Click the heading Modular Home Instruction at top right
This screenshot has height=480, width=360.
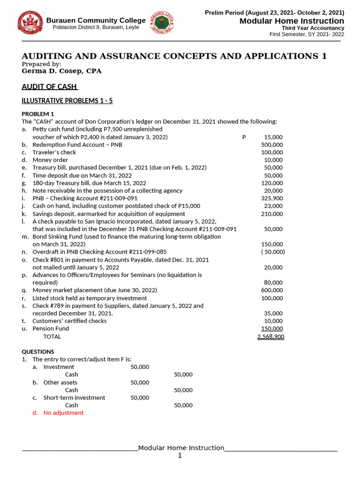pyautogui.click(x=292, y=21)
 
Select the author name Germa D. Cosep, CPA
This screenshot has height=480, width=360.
pyautogui.click(x=61, y=71)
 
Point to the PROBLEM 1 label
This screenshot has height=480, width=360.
pyautogui.click(x=38, y=114)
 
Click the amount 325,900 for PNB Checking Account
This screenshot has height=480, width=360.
pyautogui.click(x=271, y=198)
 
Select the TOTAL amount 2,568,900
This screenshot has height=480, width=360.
pyautogui.click(x=270, y=337)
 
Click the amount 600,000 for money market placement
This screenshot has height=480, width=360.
pyautogui.click(x=271, y=290)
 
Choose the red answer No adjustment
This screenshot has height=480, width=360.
pyautogui.click(x=63, y=413)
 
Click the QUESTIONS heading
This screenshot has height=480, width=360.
pyautogui.click(x=38, y=352)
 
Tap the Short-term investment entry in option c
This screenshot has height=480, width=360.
pyautogui.click(x=74, y=397)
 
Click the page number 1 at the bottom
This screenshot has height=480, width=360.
pyautogui.click(x=180, y=456)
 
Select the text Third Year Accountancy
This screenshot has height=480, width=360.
pyautogui.click(x=313, y=28)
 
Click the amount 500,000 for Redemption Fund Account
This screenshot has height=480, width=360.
pyautogui.click(x=271, y=145)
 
